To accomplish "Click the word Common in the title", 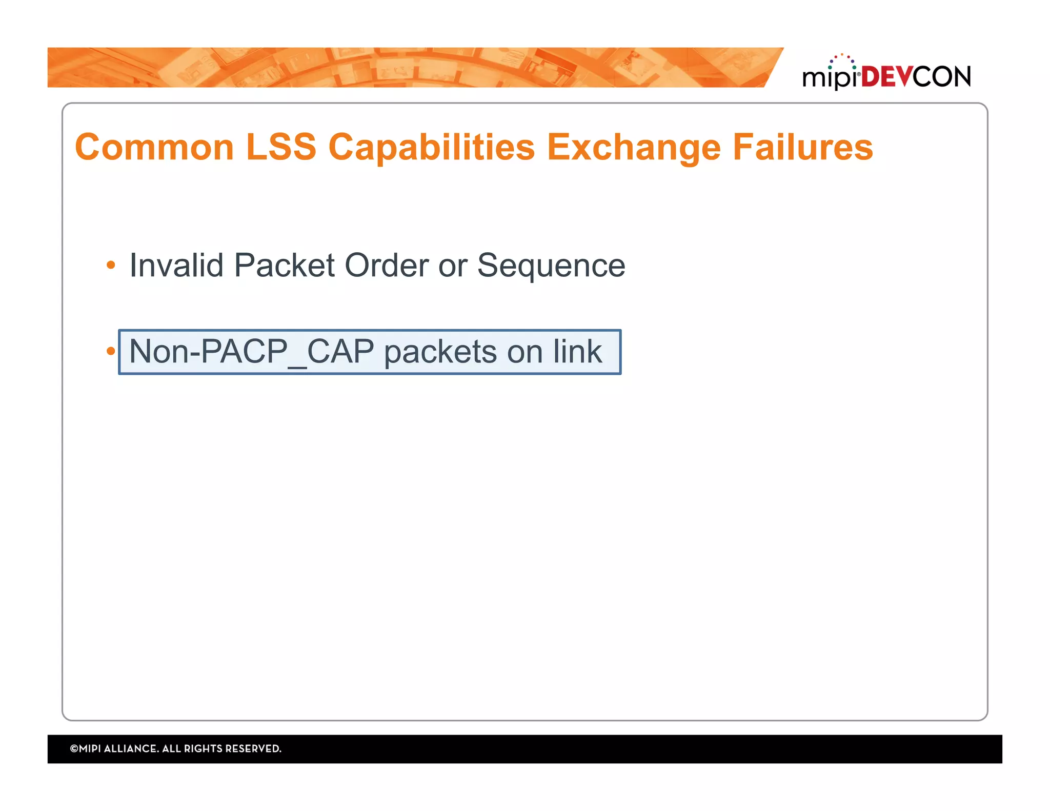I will click(x=154, y=148).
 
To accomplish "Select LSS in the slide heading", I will click(x=281, y=148).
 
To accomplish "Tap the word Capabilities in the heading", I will click(x=432, y=148).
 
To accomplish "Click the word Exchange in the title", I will click(x=634, y=148).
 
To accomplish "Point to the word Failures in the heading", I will click(x=803, y=148).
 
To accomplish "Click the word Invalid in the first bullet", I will click(x=176, y=266).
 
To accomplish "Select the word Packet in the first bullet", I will click(x=284, y=266).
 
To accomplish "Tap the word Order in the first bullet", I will click(x=387, y=266).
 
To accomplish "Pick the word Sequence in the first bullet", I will click(x=551, y=266).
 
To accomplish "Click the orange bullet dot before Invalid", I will click(x=111, y=265).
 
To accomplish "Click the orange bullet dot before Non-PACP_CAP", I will click(x=111, y=351).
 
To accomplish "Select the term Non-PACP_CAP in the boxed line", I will click(x=251, y=352).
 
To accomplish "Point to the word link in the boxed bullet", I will click(x=577, y=352).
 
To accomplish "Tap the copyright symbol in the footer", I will click(x=74, y=748).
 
